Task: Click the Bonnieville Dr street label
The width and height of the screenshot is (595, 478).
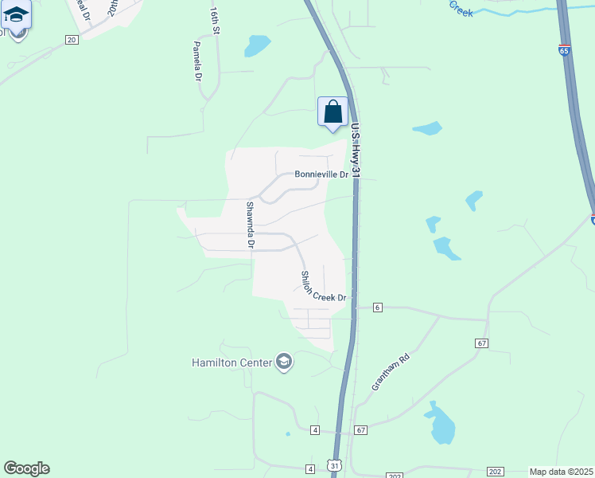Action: (321, 174)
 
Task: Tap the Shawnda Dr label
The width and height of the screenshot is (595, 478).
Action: (249, 225)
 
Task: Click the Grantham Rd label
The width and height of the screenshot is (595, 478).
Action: (390, 372)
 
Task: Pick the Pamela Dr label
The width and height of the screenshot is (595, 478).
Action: (197, 62)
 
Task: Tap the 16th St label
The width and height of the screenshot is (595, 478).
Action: (214, 22)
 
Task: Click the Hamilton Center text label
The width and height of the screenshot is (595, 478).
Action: (231, 362)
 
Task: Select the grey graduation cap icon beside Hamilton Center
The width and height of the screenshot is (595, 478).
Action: (284, 362)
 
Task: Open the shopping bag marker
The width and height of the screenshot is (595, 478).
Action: (332, 112)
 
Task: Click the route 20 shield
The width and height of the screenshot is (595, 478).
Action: (72, 40)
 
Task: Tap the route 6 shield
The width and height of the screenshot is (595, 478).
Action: (377, 307)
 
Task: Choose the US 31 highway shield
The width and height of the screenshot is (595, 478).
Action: (334, 464)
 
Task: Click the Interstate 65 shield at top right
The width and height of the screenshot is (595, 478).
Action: (564, 50)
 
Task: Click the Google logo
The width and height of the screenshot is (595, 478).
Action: (26, 468)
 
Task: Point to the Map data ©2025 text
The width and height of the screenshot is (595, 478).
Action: (561, 472)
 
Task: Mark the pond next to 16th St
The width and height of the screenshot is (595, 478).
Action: (257, 45)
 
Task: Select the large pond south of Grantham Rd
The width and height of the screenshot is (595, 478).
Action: (441, 424)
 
